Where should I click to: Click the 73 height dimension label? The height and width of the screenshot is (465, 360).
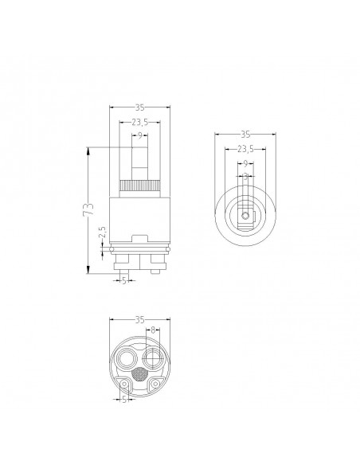[88, 209]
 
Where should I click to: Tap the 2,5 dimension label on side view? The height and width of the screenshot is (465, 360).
[101, 236]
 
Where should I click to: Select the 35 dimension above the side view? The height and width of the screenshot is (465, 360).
[139, 105]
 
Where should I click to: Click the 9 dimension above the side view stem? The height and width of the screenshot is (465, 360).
[139, 136]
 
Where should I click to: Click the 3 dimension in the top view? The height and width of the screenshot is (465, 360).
[245, 176]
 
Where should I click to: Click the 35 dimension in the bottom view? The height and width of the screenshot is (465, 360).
[139, 319]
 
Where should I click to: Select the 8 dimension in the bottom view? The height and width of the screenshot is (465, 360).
[153, 330]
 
